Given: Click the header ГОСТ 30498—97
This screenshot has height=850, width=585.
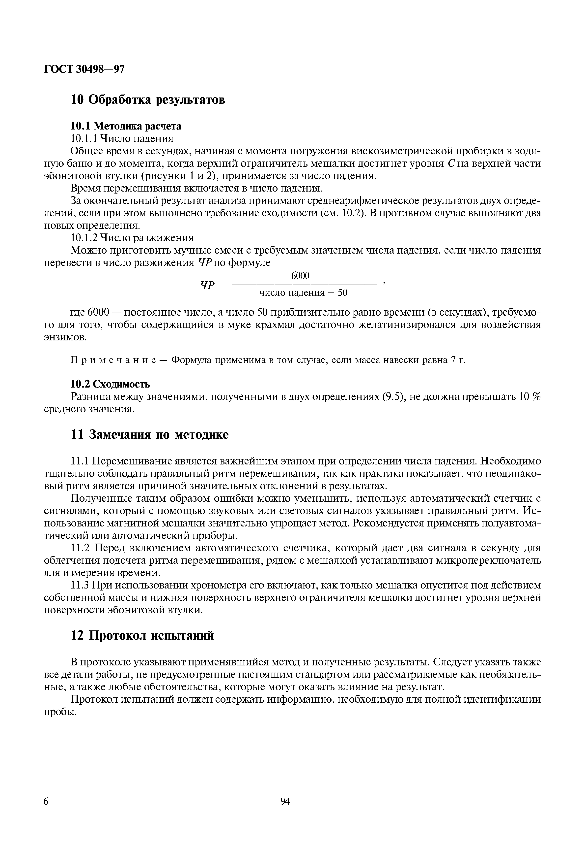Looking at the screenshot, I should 84,69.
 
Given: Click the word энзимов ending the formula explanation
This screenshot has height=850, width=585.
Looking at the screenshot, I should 65,337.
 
